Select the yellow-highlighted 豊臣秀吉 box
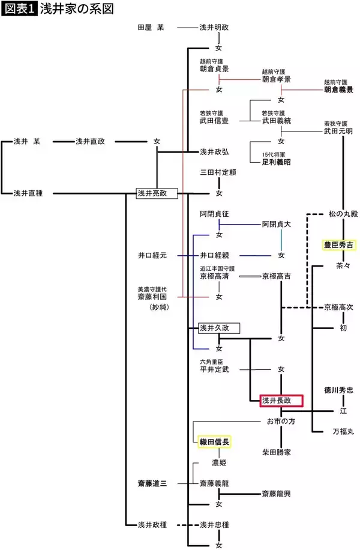(x=339, y=245)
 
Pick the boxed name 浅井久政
(x=219, y=328)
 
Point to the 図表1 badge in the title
(x=19, y=9)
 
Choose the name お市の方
(x=281, y=421)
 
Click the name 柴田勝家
(x=277, y=452)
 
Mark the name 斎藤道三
(x=154, y=482)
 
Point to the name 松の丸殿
(x=343, y=214)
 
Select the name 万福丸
(x=343, y=431)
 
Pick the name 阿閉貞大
(x=277, y=224)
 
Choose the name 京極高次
(x=339, y=307)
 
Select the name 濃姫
(x=219, y=463)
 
